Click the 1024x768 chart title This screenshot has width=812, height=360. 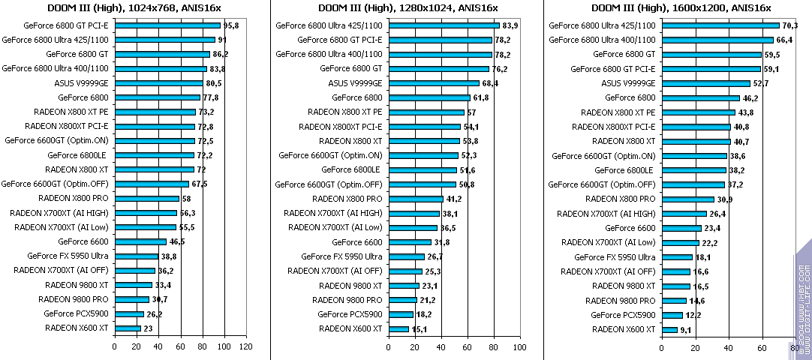134,7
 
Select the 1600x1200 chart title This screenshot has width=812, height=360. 681,7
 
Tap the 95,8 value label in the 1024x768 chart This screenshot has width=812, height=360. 231,25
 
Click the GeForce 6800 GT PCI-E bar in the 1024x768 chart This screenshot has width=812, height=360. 167,25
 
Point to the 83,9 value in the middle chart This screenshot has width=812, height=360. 510,25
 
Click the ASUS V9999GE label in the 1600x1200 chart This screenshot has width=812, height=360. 628,83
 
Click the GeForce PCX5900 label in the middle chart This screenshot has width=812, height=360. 350,314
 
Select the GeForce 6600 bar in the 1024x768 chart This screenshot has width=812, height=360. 140,241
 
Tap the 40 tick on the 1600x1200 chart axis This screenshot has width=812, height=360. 728,346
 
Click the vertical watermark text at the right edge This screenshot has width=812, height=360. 804,299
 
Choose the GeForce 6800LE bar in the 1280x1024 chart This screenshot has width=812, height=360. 422,169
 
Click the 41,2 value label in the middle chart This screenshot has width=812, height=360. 454,199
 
